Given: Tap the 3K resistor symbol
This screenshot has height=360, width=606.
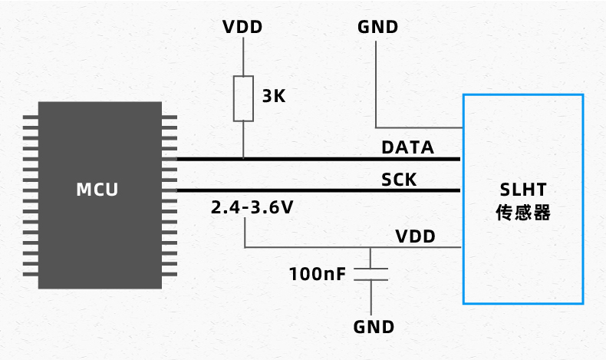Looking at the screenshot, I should [243, 98].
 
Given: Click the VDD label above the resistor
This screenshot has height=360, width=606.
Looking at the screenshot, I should [242, 28].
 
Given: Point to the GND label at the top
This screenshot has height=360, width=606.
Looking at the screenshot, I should [377, 28].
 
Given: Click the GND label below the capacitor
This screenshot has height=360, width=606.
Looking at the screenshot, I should [374, 327].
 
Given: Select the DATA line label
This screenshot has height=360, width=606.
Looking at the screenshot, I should [407, 147].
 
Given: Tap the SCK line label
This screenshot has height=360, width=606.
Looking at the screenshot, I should [399, 180].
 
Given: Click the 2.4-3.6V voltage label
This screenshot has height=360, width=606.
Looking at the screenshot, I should [252, 207].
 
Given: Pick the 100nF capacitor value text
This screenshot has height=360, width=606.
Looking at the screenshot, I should [318, 273].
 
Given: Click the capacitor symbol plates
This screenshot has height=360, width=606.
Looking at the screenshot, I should [373, 274].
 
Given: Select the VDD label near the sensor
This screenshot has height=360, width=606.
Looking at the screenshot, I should [415, 236].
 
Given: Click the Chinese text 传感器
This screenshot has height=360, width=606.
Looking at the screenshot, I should [522, 213].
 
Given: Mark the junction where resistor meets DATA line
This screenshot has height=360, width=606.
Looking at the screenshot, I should [243, 159].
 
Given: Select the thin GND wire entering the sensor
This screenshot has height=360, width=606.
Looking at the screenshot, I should [418, 127].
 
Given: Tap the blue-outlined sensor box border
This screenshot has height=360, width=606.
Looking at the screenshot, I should [463, 230].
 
